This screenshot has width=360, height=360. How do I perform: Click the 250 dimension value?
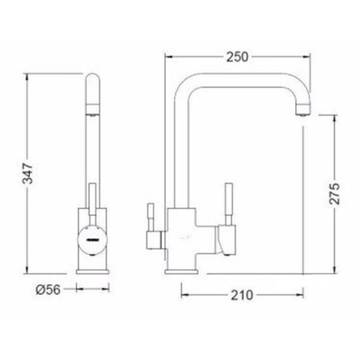pyautogui.click(x=237, y=57)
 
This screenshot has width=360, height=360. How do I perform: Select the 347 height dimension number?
pyautogui.click(x=27, y=174)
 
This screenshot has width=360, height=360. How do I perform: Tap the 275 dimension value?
pyautogui.click(x=334, y=194)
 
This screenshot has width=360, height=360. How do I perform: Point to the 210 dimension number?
pyautogui.click(x=242, y=295)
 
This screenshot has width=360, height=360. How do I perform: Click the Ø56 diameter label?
pyautogui.click(x=48, y=289)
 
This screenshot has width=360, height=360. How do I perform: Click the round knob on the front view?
pyautogui.click(x=92, y=240)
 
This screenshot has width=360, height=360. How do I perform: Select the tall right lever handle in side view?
pyautogui.click(x=229, y=204)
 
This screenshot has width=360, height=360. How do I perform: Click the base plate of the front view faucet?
pyautogui.click(x=92, y=271)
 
